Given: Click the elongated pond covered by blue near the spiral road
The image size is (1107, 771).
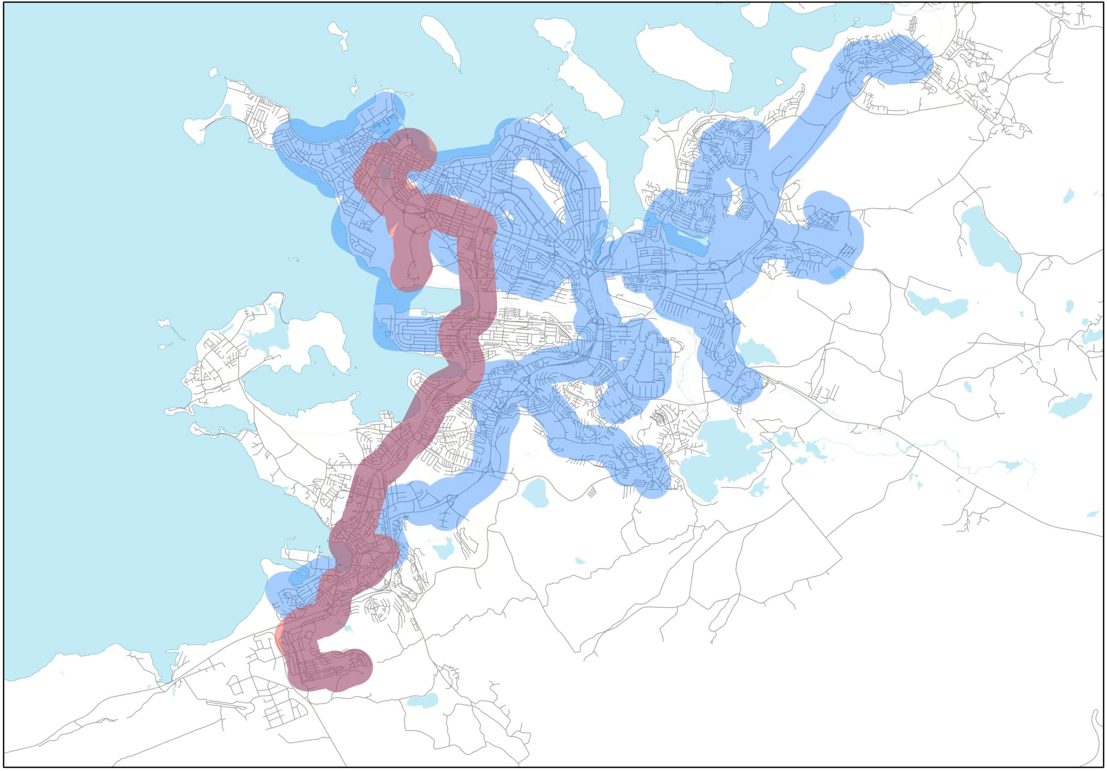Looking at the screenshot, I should [x=685, y=241].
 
